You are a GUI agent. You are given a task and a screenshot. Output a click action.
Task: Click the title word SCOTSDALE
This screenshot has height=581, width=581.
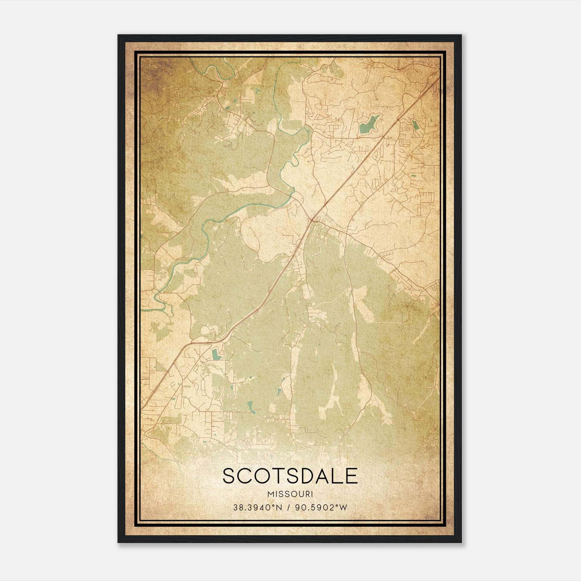click(290, 476)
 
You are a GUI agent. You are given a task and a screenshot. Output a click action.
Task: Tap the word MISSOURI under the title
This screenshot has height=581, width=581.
click(290, 494)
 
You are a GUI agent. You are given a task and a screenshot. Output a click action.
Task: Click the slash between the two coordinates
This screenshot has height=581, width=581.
click(288, 508)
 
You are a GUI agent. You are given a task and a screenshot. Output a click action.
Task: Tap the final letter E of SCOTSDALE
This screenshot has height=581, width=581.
click(352, 476)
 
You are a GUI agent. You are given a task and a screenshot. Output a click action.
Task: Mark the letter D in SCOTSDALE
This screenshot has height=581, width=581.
click(305, 476)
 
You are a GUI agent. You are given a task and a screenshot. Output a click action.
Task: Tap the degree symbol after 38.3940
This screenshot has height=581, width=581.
click(276, 506)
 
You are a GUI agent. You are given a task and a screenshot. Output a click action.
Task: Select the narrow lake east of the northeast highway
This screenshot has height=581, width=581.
click(415, 125)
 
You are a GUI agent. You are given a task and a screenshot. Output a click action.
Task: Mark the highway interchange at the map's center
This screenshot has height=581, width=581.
click(312, 219)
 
